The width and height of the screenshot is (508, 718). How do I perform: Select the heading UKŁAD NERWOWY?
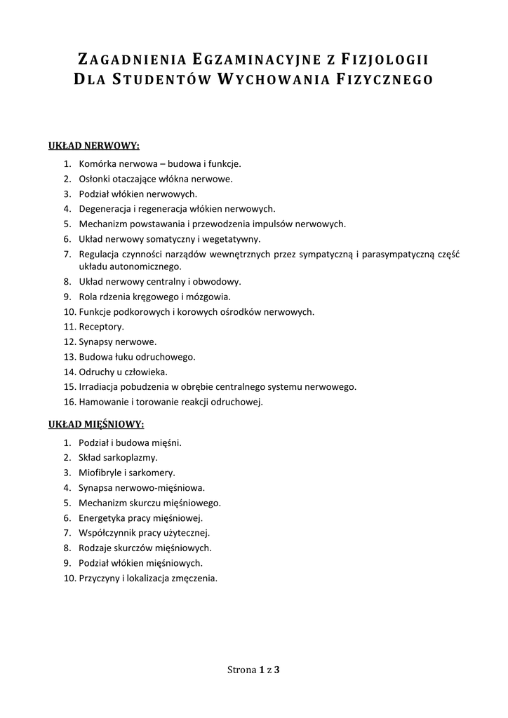pos(94,146)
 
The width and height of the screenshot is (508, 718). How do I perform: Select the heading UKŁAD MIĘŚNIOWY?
pos(96,425)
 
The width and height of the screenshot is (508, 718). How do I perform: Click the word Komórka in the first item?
pos(97,163)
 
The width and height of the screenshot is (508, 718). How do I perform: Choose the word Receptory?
pos(101,327)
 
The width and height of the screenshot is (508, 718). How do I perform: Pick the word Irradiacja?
pos(100,386)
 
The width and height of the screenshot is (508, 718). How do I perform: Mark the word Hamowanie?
pos(102,402)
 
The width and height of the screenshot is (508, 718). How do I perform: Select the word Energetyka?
pos(102,517)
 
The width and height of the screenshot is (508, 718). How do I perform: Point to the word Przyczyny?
pos(99,578)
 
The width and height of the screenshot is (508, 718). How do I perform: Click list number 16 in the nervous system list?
pos(68,402)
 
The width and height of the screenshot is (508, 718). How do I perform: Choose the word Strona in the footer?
pos(241,670)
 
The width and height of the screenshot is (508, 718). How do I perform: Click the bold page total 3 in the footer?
pos(277,670)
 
